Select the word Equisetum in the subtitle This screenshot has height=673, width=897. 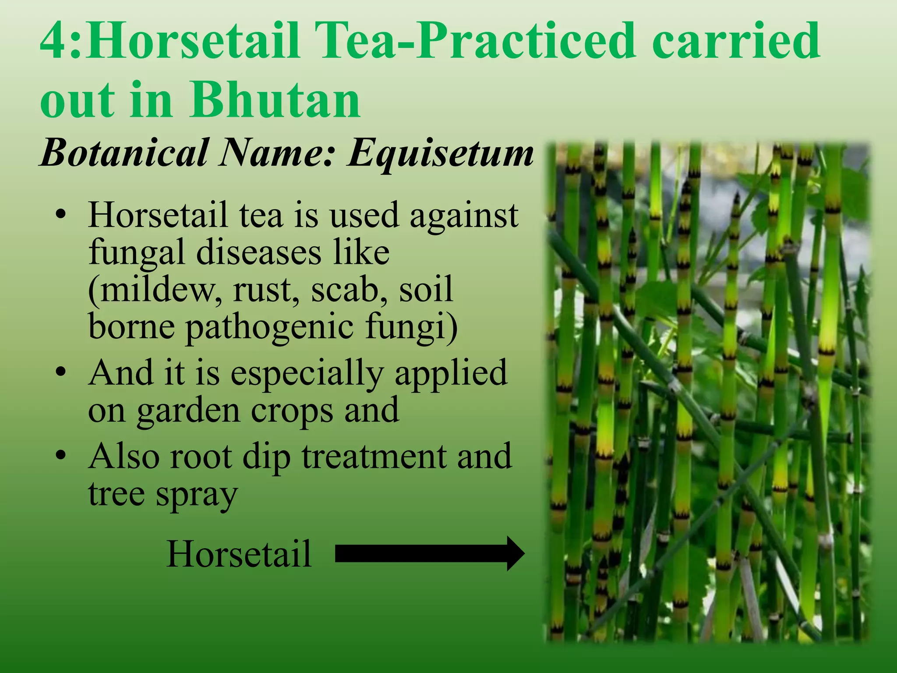click(x=440, y=153)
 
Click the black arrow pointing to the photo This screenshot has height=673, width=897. click(x=429, y=553)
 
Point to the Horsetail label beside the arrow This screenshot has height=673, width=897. click(x=239, y=554)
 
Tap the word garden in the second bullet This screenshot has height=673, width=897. click(x=189, y=411)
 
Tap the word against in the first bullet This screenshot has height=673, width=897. click(x=464, y=216)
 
